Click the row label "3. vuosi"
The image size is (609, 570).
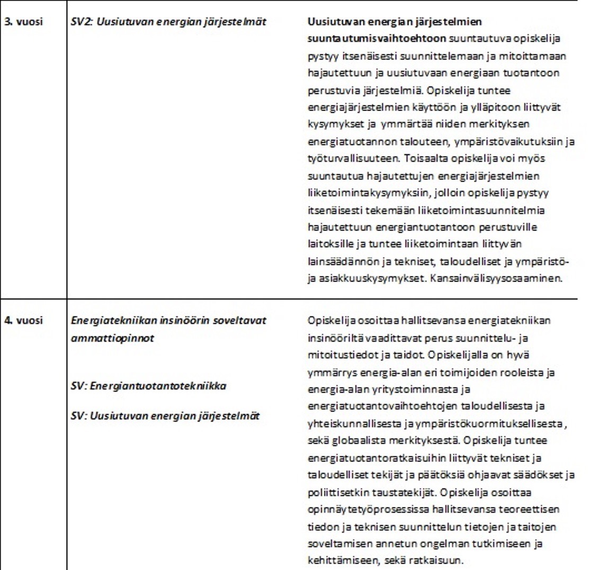[23, 22]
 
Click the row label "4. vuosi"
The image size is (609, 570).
[23, 321]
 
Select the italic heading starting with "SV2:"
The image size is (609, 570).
[168, 22]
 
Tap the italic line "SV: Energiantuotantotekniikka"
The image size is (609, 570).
[148, 386]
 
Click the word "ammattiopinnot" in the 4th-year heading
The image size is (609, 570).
[112, 338]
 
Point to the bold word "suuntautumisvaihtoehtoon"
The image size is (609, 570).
[377, 39]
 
